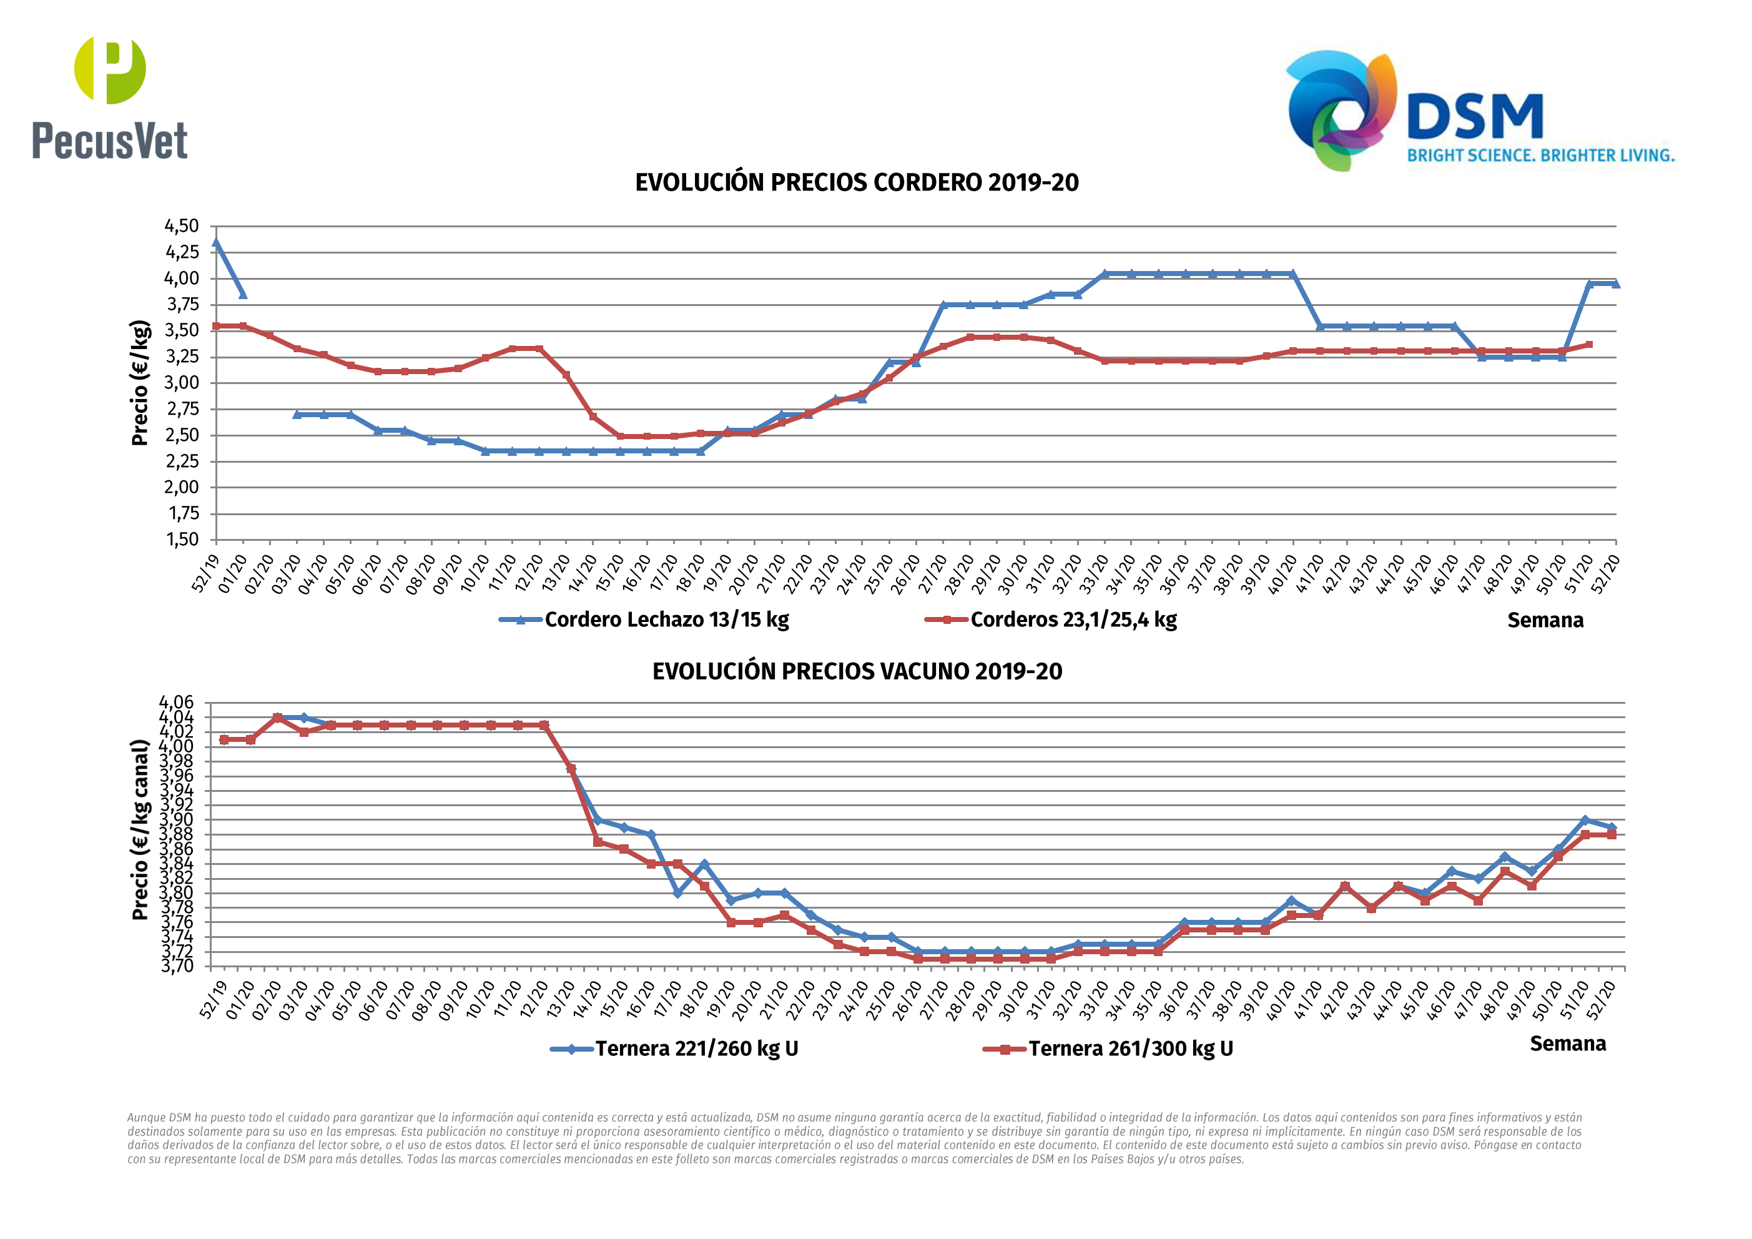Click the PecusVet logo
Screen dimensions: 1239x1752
tap(110, 97)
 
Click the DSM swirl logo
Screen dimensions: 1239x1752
tap(1341, 110)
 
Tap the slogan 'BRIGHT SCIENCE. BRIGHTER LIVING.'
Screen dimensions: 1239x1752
tap(1540, 155)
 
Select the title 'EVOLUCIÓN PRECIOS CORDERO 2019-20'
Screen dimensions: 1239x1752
tap(856, 183)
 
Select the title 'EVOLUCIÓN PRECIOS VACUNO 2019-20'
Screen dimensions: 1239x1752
tap(856, 672)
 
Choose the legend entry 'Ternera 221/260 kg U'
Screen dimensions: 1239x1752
tap(696, 1049)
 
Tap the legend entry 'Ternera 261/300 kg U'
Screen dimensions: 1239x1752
tap(1130, 1049)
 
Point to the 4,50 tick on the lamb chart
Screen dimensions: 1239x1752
tap(182, 226)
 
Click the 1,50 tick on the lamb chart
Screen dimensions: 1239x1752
tap(182, 540)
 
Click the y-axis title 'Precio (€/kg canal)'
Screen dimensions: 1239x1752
tap(140, 830)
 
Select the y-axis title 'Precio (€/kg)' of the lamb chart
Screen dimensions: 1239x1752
tap(140, 383)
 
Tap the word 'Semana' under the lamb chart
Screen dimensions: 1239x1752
tap(1545, 621)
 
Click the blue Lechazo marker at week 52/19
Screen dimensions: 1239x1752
tap(216, 244)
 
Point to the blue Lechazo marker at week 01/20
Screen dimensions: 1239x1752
tap(243, 294)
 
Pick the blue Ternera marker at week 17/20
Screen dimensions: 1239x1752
tap(677, 893)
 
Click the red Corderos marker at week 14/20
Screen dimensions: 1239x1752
tap(593, 417)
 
